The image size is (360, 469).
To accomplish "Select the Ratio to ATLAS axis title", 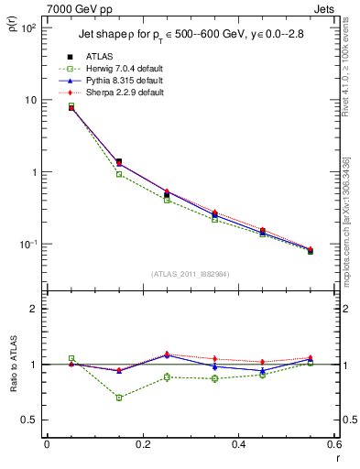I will (x=13, y=365).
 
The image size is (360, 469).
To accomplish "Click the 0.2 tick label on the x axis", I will (x=142, y=445).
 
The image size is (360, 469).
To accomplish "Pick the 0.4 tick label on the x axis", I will (x=237, y=445).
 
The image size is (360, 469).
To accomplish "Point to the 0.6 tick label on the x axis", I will (x=332, y=445).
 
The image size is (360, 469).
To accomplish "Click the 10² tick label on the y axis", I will (x=28, y=28).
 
